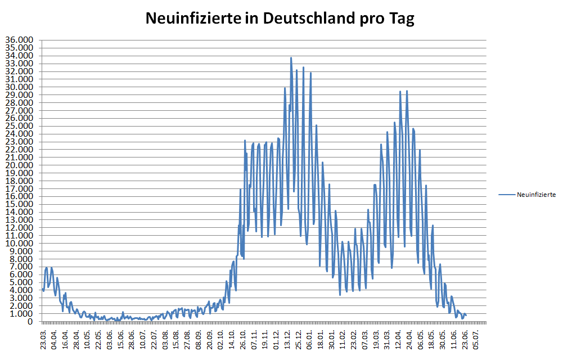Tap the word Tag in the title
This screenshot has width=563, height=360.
tap(402, 19)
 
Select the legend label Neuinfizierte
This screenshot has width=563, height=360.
tap(536, 195)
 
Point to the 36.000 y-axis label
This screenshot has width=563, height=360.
tap(20, 40)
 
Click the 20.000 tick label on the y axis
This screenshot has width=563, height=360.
tap(20, 165)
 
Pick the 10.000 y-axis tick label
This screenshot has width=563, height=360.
tap(20, 244)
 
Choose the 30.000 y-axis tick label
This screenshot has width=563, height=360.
tap(20, 87)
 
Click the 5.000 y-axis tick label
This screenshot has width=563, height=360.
tap(21, 282)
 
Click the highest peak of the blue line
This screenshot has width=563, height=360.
tap(291, 57)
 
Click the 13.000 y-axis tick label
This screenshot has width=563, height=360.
tap(20, 220)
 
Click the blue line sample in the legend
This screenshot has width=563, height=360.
tap(506, 195)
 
